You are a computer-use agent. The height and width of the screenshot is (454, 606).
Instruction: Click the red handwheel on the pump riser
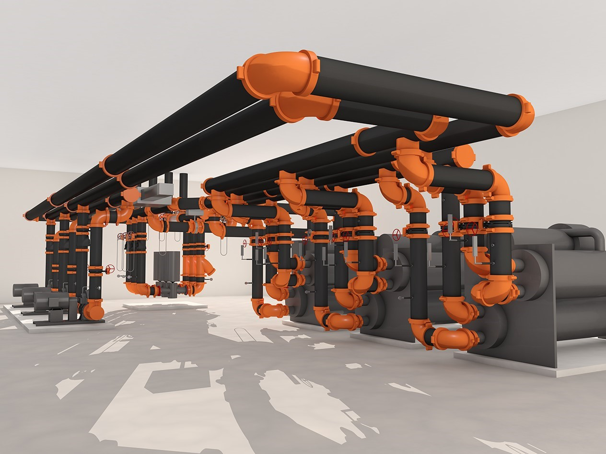(x=111, y=269)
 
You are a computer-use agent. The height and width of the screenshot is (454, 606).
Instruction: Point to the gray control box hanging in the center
(x=166, y=266)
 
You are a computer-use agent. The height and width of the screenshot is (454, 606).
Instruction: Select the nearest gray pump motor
(x=57, y=302)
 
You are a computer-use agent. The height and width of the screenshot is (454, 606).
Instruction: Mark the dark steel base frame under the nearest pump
(x=72, y=322)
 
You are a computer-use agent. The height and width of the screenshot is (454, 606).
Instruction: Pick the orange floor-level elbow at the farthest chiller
(x=271, y=310)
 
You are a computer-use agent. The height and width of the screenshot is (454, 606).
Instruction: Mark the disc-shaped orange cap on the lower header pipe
(x=463, y=156)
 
